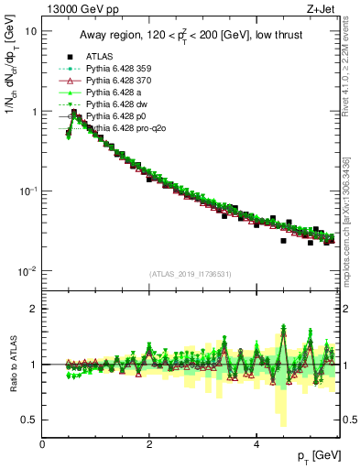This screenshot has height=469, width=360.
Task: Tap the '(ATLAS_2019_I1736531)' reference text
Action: tap(191, 274)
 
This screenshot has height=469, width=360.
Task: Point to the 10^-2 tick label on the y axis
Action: tap(27, 271)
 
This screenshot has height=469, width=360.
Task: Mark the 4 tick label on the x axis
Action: tap(256, 443)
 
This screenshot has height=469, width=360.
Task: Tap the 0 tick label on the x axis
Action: tap(43, 443)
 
